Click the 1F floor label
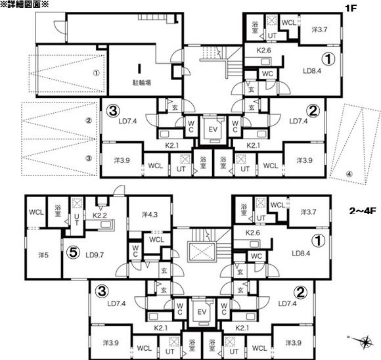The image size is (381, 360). [x=351, y=8]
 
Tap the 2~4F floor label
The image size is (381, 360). [x=363, y=211]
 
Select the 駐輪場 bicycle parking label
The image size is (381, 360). [x=142, y=83]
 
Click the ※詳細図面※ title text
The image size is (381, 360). [x=24, y=5]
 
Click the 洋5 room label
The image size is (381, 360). [x=43, y=255]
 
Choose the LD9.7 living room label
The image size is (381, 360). [x=95, y=255]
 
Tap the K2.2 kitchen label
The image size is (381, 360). [x=100, y=215]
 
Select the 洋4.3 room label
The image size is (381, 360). [x=150, y=215]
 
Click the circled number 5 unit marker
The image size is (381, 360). [x=73, y=252]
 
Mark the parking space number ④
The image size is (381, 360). [x=349, y=174]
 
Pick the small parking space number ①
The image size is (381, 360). [x=96, y=73]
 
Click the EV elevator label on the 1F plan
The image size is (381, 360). [x=213, y=129]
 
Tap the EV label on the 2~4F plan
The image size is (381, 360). [x=202, y=312]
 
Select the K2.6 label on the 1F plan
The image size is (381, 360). [x=263, y=51]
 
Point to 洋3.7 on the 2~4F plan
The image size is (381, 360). [x=308, y=212]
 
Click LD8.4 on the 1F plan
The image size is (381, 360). [x=312, y=71]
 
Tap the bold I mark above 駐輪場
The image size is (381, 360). [x=139, y=68]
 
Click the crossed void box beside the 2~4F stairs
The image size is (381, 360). [x=202, y=252]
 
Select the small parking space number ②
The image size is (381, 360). [x=89, y=120]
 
